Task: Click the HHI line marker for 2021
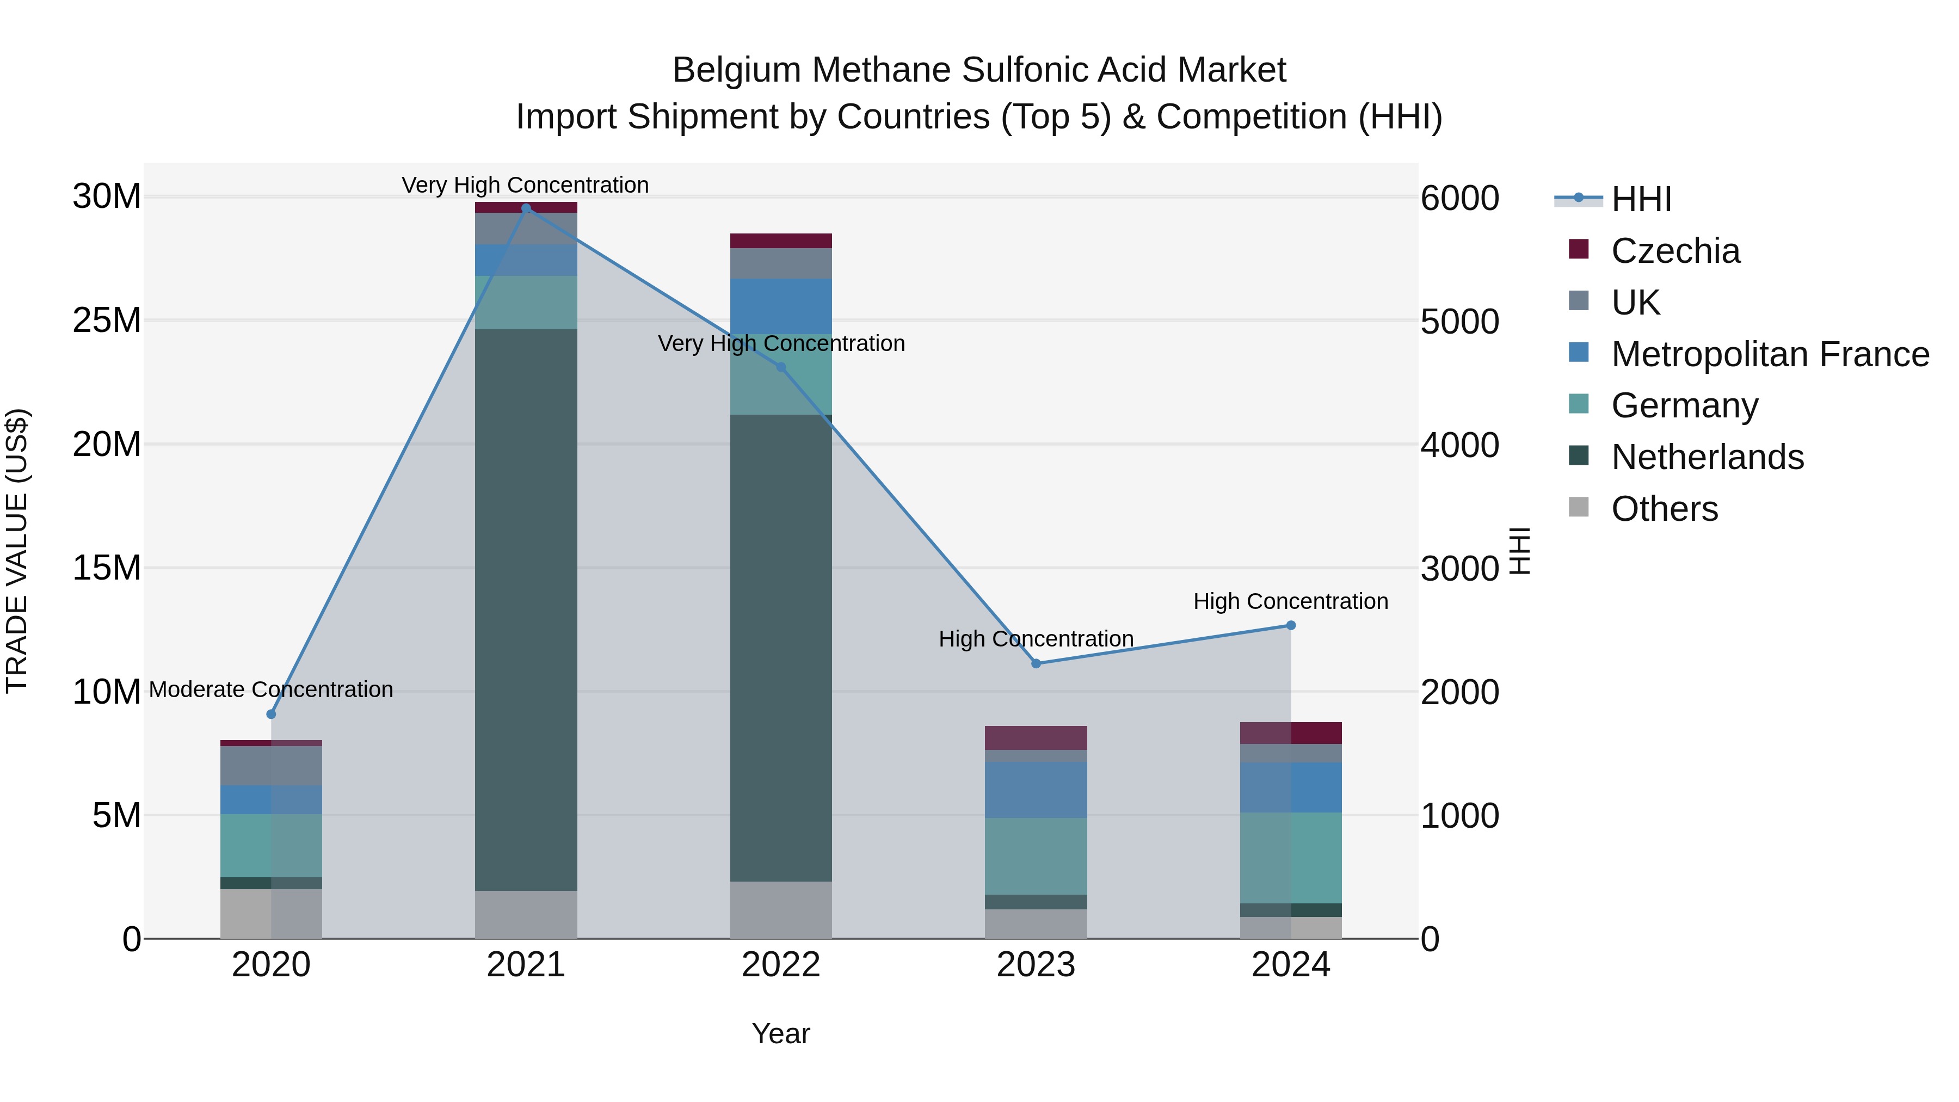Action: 526,208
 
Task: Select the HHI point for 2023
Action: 1036,663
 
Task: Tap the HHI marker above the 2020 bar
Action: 272,714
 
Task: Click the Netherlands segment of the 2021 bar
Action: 526,608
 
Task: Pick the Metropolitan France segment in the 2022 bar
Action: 781,306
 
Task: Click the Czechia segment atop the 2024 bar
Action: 1291,732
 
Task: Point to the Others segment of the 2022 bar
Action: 781,909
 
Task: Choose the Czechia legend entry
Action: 1674,251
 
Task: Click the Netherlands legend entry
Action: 1707,457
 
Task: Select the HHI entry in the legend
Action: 1640,199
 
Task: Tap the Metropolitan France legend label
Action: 1770,354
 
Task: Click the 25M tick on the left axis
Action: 107,320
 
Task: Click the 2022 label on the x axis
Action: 781,965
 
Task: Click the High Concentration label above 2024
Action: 1291,601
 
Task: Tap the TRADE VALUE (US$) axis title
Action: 17,551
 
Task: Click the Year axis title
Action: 781,1033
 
